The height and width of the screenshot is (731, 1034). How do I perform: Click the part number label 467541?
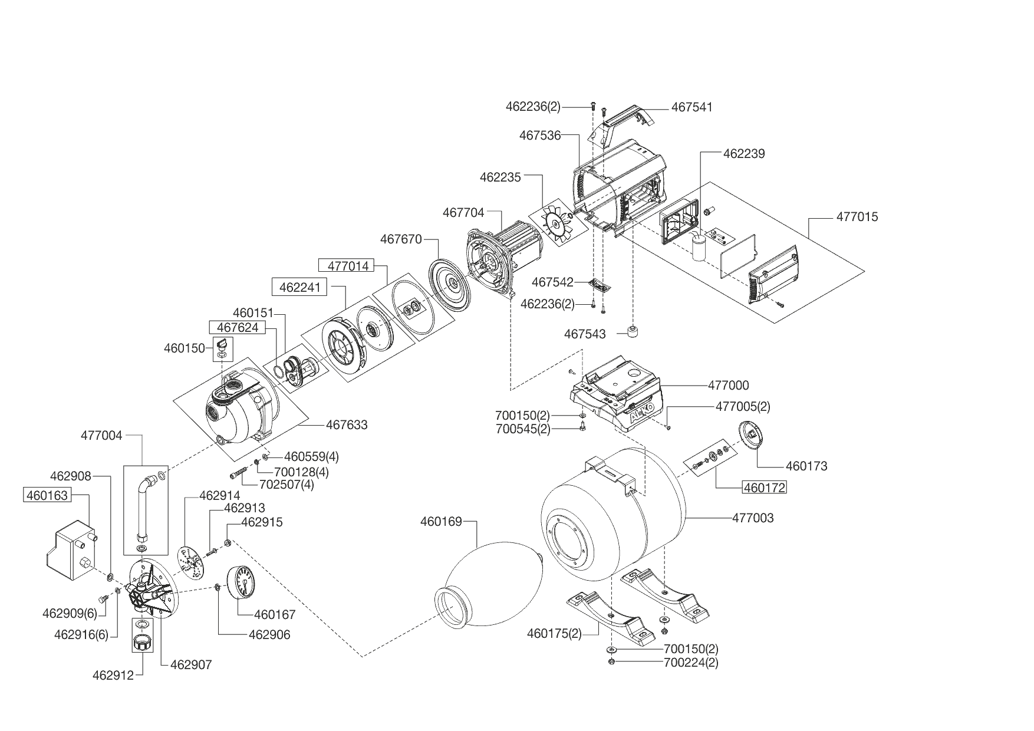(x=692, y=107)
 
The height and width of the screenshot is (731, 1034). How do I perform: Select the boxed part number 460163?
(x=47, y=495)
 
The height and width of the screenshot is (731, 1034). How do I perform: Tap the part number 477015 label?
(x=857, y=217)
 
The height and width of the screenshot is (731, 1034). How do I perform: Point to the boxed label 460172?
(x=765, y=488)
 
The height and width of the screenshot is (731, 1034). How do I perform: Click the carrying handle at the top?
(x=625, y=123)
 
